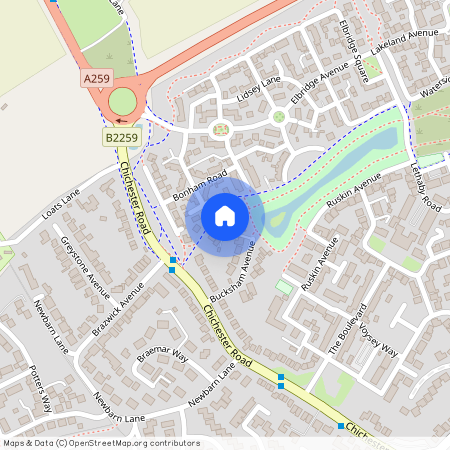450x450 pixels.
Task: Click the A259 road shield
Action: pyautogui.click(x=96, y=78)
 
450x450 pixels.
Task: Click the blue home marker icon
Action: pyautogui.click(x=225, y=216)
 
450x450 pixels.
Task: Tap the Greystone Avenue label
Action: pyautogui.click(x=84, y=266)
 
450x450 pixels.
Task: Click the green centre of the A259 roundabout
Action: pyautogui.click(x=121, y=101)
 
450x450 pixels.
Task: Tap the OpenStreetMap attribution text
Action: pyautogui.click(x=100, y=442)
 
